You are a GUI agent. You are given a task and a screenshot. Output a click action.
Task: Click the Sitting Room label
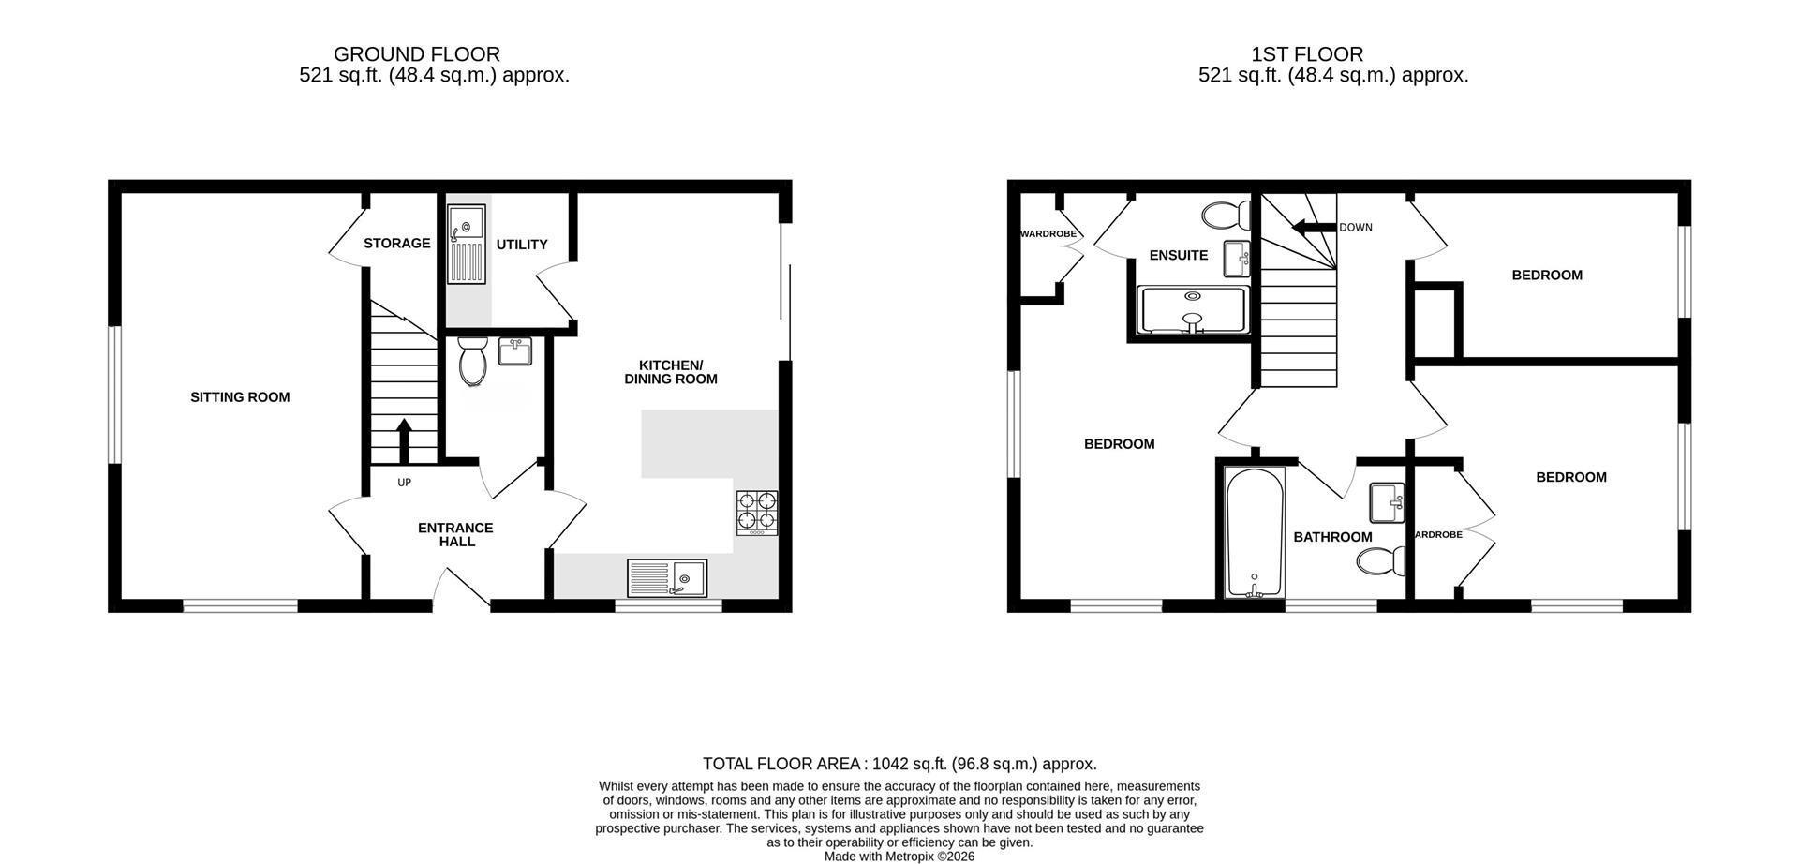point(240,397)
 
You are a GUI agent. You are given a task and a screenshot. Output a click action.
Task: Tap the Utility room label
point(522,245)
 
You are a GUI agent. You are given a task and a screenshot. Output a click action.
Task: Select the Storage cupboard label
point(397,244)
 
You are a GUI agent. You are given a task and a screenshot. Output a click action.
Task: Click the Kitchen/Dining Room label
point(671,372)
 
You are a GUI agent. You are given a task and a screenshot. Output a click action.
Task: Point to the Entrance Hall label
point(455,534)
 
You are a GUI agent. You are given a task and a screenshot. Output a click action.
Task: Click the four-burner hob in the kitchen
point(757,513)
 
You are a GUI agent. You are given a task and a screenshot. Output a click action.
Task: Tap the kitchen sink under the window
point(668,578)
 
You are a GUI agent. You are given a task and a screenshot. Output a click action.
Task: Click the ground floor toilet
point(473,361)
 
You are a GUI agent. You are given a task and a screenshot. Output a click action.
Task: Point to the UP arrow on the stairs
point(404,440)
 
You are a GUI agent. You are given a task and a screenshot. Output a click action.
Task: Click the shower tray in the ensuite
point(1193,310)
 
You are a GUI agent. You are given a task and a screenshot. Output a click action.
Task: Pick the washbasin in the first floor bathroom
point(1388,502)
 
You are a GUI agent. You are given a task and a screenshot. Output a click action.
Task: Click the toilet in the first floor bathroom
point(1382,562)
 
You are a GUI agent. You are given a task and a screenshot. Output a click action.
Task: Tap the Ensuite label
point(1179,256)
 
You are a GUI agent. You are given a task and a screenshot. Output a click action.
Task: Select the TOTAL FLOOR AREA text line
point(899,764)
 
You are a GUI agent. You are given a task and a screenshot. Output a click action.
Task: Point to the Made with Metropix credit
point(899,857)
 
